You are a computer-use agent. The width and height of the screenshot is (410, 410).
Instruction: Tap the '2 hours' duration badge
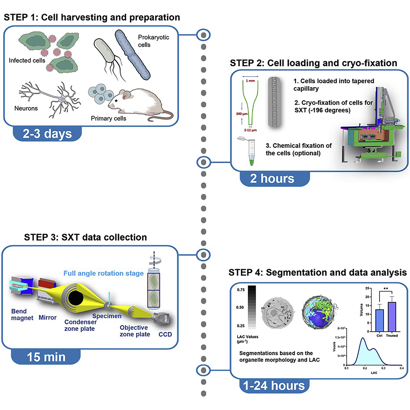[273, 179]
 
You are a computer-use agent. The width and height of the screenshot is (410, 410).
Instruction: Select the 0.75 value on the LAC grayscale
[242, 290]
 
